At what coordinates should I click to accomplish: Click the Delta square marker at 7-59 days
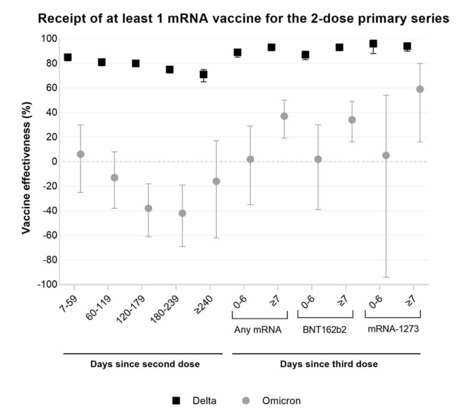[68, 57]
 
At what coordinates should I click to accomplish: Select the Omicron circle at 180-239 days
[182, 213]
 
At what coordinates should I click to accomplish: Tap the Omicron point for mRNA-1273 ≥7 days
[420, 89]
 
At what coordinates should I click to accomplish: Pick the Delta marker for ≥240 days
[203, 74]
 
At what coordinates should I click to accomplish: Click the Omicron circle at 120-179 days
[148, 208]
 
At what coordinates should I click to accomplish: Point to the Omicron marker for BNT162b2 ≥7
[352, 120]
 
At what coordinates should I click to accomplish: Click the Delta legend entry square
[176, 400]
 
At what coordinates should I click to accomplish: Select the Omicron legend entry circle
[246, 400]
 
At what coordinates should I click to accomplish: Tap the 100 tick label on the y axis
[49, 39]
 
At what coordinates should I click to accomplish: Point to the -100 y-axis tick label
[47, 285]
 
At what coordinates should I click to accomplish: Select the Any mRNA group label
[258, 330]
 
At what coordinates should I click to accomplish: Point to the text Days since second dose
[145, 364]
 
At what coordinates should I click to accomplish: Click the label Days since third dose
[329, 364]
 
